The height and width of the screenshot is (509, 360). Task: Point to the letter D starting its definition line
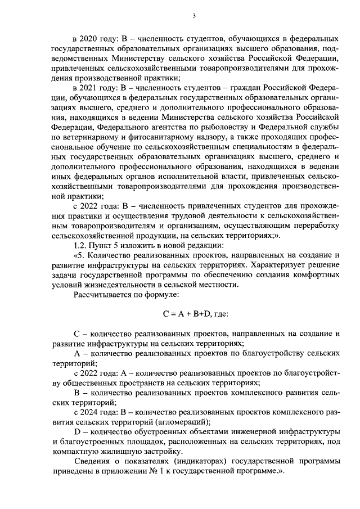77,431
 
